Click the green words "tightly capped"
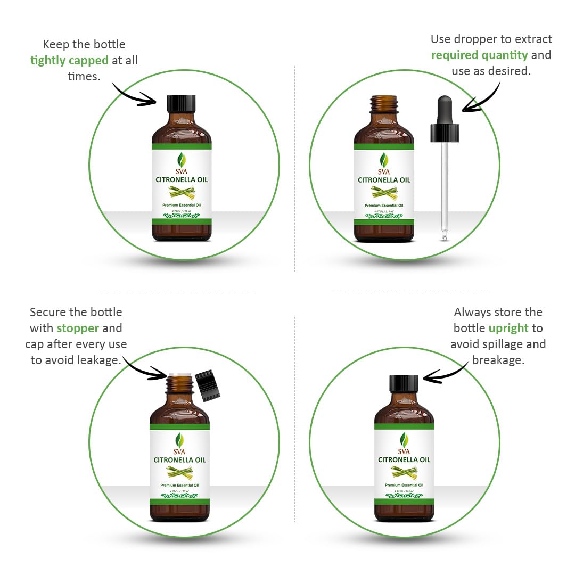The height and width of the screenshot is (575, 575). [x=69, y=60]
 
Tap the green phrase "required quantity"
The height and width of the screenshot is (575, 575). [x=479, y=55]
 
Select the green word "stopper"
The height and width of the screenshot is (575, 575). [x=78, y=328]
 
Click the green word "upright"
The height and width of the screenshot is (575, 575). [x=508, y=328]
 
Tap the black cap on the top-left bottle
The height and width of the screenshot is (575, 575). [x=182, y=103]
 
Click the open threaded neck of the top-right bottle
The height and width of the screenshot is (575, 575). [x=384, y=104]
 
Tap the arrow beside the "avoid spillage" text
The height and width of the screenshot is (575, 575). [x=446, y=373]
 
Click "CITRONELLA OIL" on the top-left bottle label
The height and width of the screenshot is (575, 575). [x=182, y=180]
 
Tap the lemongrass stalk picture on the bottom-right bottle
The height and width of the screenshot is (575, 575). [x=404, y=472]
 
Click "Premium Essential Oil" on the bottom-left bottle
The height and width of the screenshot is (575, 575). [x=180, y=485]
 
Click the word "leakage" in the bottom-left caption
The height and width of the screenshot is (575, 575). [x=99, y=360]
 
